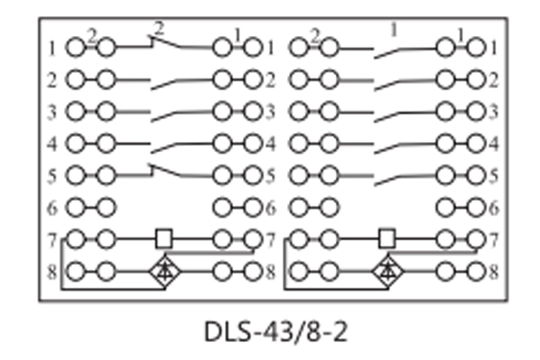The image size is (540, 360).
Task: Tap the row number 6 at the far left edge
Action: pyautogui.click(x=52, y=208)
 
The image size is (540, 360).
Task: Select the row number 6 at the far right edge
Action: pyautogui.click(x=492, y=208)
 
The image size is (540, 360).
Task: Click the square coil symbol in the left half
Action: pyautogui.click(x=163, y=238)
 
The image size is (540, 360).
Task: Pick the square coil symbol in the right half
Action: pyautogui.click(x=388, y=238)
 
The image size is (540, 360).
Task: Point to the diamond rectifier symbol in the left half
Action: pyautogui.click(x=163, y=270)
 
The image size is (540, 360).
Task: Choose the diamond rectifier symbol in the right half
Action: pyautogui.click(x=388, y=270)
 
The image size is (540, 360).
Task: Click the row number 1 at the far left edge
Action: pyautogui.click(x=52, y=47)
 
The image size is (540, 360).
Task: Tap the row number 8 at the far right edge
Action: pyautogui.click(x=492, y=271)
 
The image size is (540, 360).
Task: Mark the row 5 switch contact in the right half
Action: pyautogui.click(x=403, y=175)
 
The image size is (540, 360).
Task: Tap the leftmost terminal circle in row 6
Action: pyautogui.click(x=75, y=208)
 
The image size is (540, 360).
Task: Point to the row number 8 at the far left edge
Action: pyautogui.click(x=52, y=271)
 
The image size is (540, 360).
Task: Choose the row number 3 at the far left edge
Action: pyautogui.click(x=52, y=112)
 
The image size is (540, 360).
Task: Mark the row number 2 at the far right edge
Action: pyautogui.click(x=492, y=80)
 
